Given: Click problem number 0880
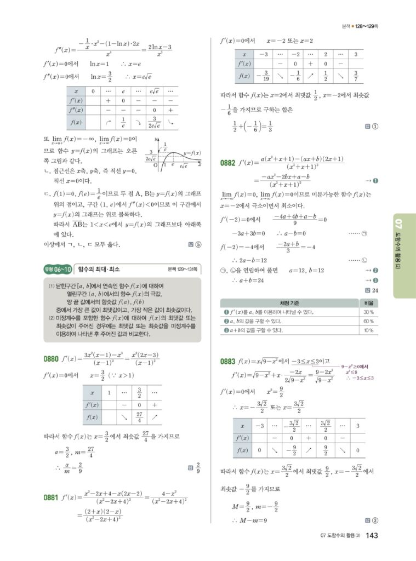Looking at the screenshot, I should (51, 359).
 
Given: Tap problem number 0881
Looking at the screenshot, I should (51, 497).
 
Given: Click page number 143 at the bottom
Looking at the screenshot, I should (372, 535).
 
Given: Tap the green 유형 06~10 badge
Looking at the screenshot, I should (58, 269).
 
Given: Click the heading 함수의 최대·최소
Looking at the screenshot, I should (99, 269).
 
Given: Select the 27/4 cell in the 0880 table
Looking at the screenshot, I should (139, 417).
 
